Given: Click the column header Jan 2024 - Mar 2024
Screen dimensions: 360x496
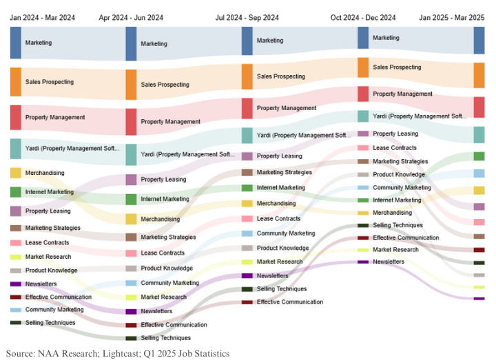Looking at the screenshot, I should coord(42,17).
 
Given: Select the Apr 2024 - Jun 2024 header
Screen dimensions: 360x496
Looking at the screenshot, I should coord(131,17).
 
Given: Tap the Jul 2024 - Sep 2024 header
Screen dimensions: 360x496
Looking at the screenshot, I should coord(247,17).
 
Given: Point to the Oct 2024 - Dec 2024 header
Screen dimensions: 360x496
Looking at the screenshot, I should coord(363,17).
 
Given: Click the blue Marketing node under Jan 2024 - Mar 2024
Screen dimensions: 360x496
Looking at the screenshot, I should coord(15,43).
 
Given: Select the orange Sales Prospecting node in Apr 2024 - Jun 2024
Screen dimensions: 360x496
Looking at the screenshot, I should coord(131,85).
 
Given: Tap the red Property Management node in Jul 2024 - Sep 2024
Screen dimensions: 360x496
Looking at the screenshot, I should coord(247,108).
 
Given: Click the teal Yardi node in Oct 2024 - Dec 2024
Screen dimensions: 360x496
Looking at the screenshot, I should coord(363,116).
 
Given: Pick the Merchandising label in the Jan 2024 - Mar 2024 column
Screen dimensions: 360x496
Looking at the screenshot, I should coord(45,173).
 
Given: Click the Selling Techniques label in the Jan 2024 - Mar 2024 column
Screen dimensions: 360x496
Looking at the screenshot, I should coord(50,322).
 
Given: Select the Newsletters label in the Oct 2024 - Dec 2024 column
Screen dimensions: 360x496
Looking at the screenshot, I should coord(389,262).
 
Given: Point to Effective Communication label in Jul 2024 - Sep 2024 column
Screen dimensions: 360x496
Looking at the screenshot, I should coord(289,301).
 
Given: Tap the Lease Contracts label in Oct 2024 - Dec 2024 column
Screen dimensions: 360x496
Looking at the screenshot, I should coord(394,148).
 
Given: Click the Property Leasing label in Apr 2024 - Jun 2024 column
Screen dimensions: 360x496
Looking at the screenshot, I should coord(163,180).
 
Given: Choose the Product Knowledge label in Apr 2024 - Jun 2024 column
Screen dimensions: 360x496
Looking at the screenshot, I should coord(167,268).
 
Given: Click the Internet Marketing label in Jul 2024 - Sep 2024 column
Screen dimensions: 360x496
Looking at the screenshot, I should coord(280,187).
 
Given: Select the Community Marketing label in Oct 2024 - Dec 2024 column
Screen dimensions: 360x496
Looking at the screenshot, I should coord(402,187).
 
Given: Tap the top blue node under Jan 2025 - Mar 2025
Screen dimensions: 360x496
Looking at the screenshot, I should coord(479,41).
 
